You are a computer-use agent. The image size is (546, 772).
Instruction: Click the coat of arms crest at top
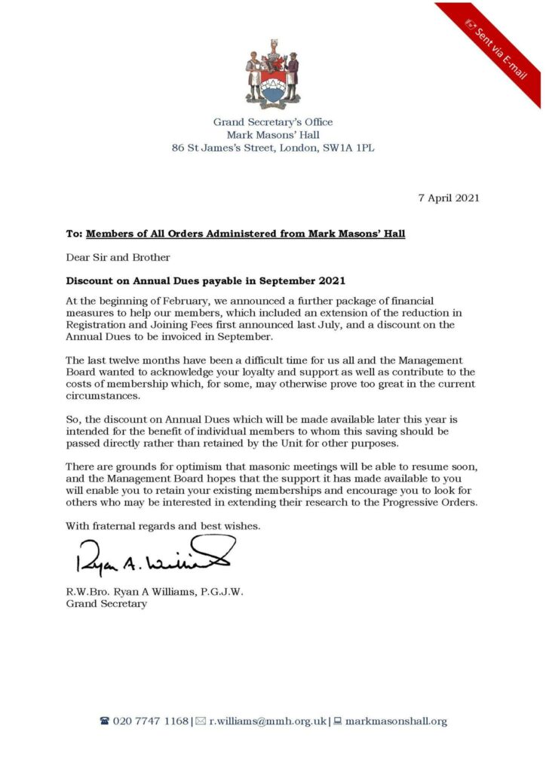(x=272, y=76)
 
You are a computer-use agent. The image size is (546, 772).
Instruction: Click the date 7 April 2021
(x=449, y=198)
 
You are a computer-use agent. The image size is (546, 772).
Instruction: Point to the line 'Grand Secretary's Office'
(x=272, y=121)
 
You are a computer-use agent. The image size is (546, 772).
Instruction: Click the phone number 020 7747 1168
(x=151, y=721)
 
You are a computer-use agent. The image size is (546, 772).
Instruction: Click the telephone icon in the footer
(x=105, y=721)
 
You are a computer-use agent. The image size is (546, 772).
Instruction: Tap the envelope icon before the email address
(x=201, y=721)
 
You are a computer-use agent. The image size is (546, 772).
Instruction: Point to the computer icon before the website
(x=338, y=721)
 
